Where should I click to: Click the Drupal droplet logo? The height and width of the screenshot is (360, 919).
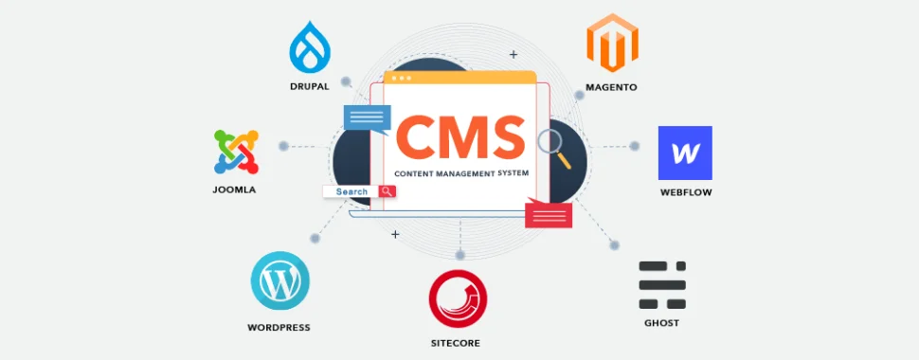pos(309,46)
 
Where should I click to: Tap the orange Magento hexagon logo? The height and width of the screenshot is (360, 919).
pos(610,45)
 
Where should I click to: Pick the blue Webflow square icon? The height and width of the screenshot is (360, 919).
pos(685,153)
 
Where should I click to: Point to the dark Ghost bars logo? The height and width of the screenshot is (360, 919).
pos(661,284)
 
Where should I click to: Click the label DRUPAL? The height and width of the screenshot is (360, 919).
pos(310,86)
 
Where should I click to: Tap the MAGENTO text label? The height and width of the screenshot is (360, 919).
pos(611,87)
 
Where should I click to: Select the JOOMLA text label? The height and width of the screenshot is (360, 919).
pos(234,189)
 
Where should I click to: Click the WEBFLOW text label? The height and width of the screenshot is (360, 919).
pos(686,192)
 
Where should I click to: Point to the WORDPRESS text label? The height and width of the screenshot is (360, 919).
pos(279,328)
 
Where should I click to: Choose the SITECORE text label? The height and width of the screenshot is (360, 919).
pos(459,343)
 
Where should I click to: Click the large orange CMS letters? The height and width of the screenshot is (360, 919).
pos(460,136)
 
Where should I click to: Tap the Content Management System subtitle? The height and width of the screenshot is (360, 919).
pos(460,175)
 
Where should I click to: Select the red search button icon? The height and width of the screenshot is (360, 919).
pos(387,191)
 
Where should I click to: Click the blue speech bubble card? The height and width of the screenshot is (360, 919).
pos(367,118)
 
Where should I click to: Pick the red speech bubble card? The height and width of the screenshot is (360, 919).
pos(549,214)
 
